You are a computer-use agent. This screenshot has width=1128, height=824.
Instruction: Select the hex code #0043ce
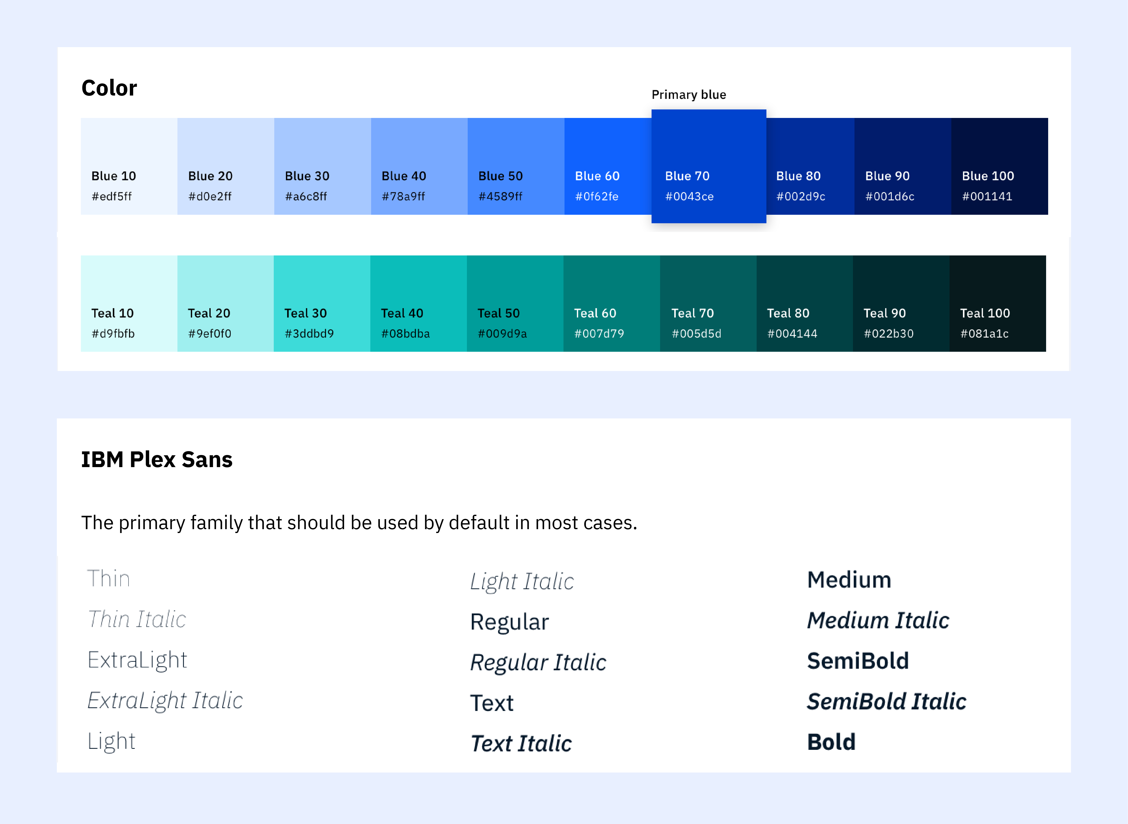click(689, 196)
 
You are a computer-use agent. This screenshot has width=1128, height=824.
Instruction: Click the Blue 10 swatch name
click(114, 176)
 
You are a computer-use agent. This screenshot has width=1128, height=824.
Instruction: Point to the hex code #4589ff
click(500, 196)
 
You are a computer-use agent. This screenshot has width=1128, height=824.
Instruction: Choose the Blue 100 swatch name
click(988, 176)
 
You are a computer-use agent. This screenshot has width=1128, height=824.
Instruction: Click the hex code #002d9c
click(801, 196)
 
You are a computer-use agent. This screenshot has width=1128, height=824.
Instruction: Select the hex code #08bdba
click(406, 334)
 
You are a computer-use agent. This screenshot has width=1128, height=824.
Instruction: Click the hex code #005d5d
click(696, 334)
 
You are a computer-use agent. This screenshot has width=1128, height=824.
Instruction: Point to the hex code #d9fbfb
click(113, 334)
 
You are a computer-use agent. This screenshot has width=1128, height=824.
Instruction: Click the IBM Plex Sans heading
click(157, 459)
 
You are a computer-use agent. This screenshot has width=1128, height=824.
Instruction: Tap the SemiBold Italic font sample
click(886, 701)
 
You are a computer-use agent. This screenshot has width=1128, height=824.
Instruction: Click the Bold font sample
click(831, 742)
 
